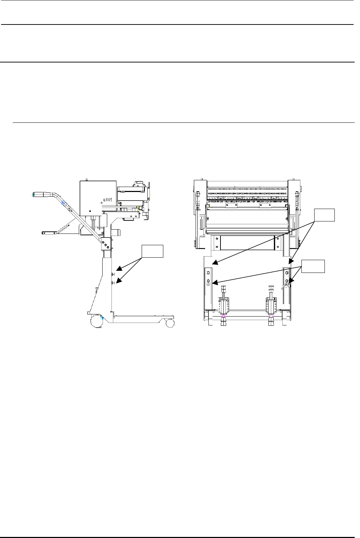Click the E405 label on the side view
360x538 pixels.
pyautogui.click(x=108, y=200)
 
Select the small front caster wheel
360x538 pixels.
pyautogui.click(x=170, y=323)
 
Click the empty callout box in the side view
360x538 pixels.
pyautogui.click(x=152, y=251)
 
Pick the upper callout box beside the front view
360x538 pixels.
pyautogui.click(x=324, y=215)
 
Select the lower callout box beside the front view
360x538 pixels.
pyautogui.click(x=313, y=266)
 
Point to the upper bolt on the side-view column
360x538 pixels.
pyautogui.click(x=113, y=274)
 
